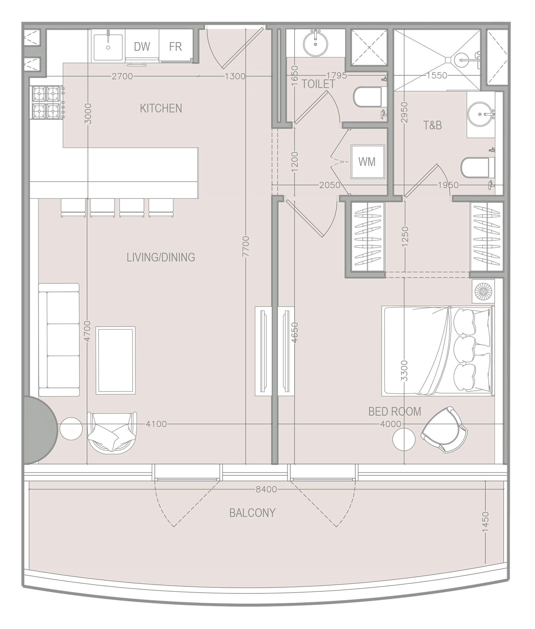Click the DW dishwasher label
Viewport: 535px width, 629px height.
coord(142,47)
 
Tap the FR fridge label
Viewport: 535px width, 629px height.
coord(175,47)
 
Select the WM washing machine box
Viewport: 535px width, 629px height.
coord(367,162)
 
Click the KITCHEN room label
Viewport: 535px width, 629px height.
coord(161,108)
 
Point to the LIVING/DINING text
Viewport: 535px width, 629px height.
coord(161,257)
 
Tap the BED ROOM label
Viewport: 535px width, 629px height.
coord(394,411)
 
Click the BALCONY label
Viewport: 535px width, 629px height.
coord(252,513)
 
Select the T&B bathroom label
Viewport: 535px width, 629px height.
coord(432,125)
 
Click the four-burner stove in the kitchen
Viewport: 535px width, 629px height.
coord(46,102)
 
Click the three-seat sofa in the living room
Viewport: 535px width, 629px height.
coord(59,340)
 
